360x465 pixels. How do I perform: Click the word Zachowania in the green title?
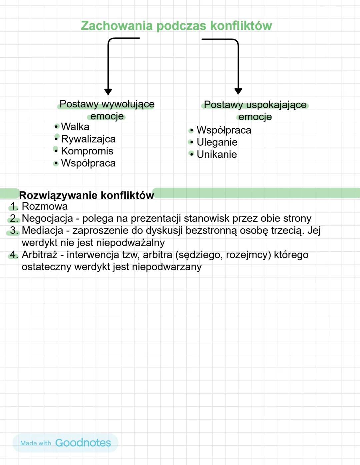click(x=117, y=26)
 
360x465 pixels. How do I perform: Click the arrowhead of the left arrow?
click(x=108, y=91)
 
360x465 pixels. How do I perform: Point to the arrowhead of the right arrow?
click(x=238, y=91)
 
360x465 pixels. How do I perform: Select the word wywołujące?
click(x=128, y=104)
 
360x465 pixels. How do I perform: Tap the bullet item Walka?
click(x=75, y=127)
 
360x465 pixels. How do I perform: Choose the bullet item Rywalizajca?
click(x=88, y=139)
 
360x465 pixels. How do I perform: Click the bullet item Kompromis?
click(x=87, y=151)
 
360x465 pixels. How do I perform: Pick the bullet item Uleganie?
click(x=217, y=142)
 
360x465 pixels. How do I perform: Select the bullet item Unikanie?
click(x=217, y=154)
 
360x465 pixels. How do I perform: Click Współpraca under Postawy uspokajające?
click(x=224, y=130)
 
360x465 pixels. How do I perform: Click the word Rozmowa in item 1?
click(x=45, y=206)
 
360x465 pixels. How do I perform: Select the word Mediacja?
click(x=42, y=230)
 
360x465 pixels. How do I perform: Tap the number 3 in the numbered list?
click(x=13, y=230)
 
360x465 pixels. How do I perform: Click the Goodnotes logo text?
click(x=83, y=443)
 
